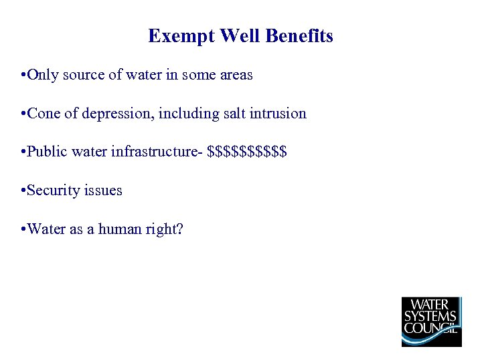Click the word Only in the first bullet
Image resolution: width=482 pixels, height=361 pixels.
pyautogui.click(x=43, y=76)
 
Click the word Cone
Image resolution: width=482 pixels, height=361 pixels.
pyautogui.click(x=44, y=114)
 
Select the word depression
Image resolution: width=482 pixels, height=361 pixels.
pyautogui.click(x=118, y=114)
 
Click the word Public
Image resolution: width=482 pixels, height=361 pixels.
pyautogui.click(x=46, y=152)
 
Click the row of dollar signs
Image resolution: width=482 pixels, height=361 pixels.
pyautogui.click(x=248, y=152)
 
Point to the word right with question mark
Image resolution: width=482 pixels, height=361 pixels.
pyautogui.click(x=165, y=230)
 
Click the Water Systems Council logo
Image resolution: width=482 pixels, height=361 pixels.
pyautogui.click(x=431, y=322)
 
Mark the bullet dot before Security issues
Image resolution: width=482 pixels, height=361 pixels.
pyautogui.click(x=23, y=191)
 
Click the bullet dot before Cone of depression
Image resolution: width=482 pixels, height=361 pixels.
pyautogui.click(x=23, y=114)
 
